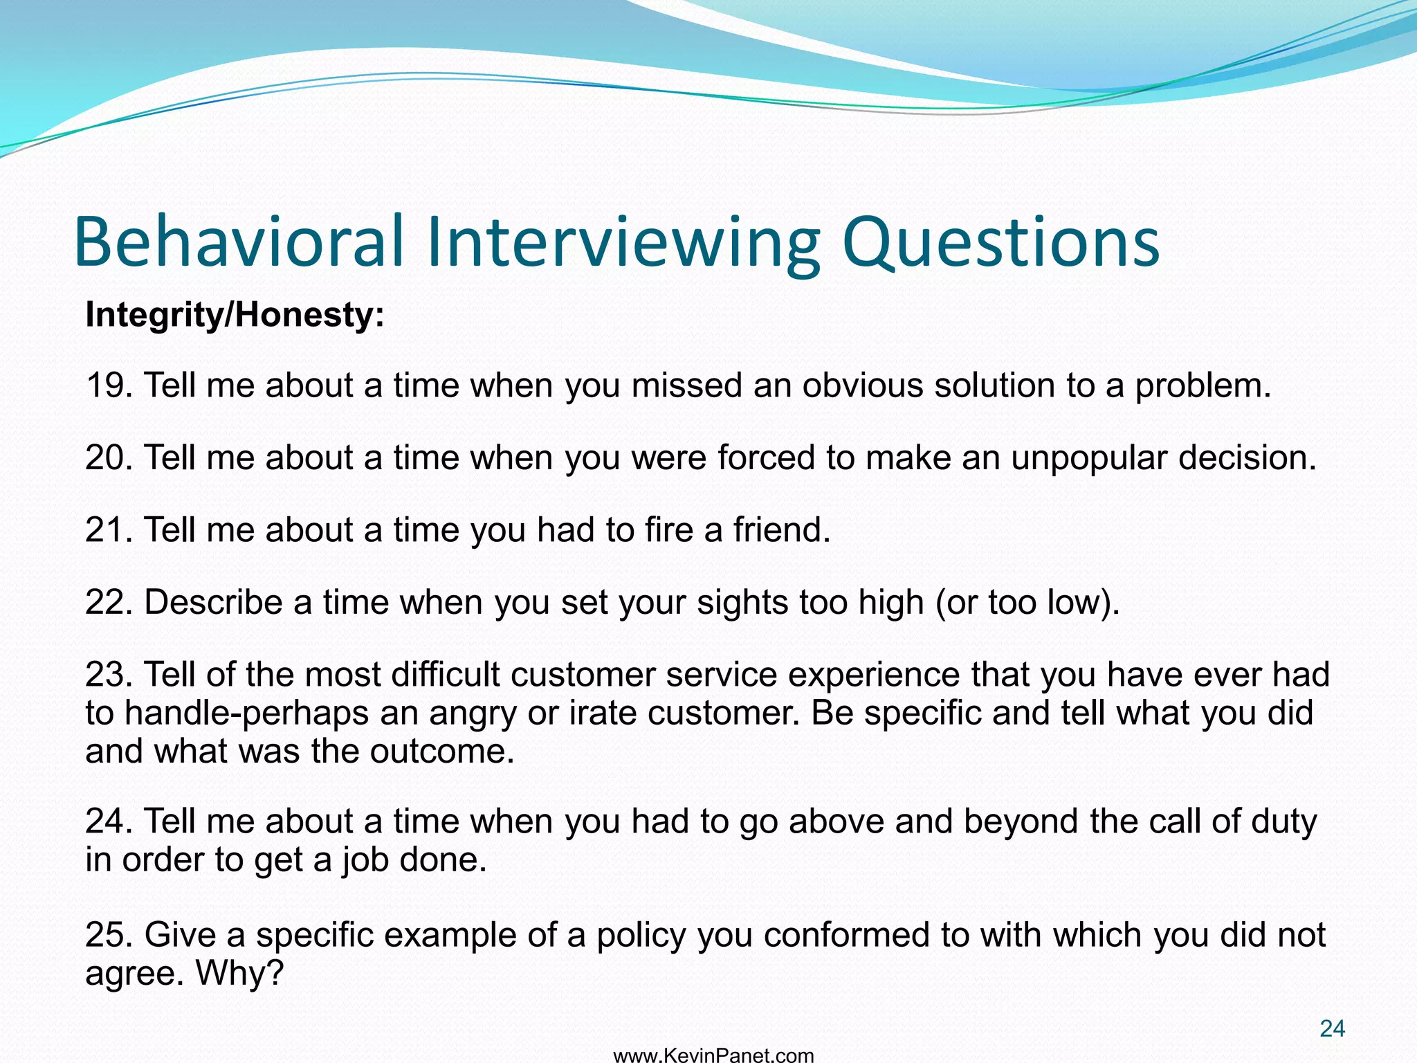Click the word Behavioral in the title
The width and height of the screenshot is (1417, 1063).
click(239, 242)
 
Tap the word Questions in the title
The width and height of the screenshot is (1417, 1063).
click(1000, 242)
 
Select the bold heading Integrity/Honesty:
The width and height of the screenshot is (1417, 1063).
click(235, 315)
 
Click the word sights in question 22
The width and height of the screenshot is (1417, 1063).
click(742, 603)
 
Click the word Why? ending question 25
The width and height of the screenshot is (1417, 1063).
click(240, 974)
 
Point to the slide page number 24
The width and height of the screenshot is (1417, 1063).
click(1332, 1029)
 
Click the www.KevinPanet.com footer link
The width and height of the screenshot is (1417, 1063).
click(713, 1055)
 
